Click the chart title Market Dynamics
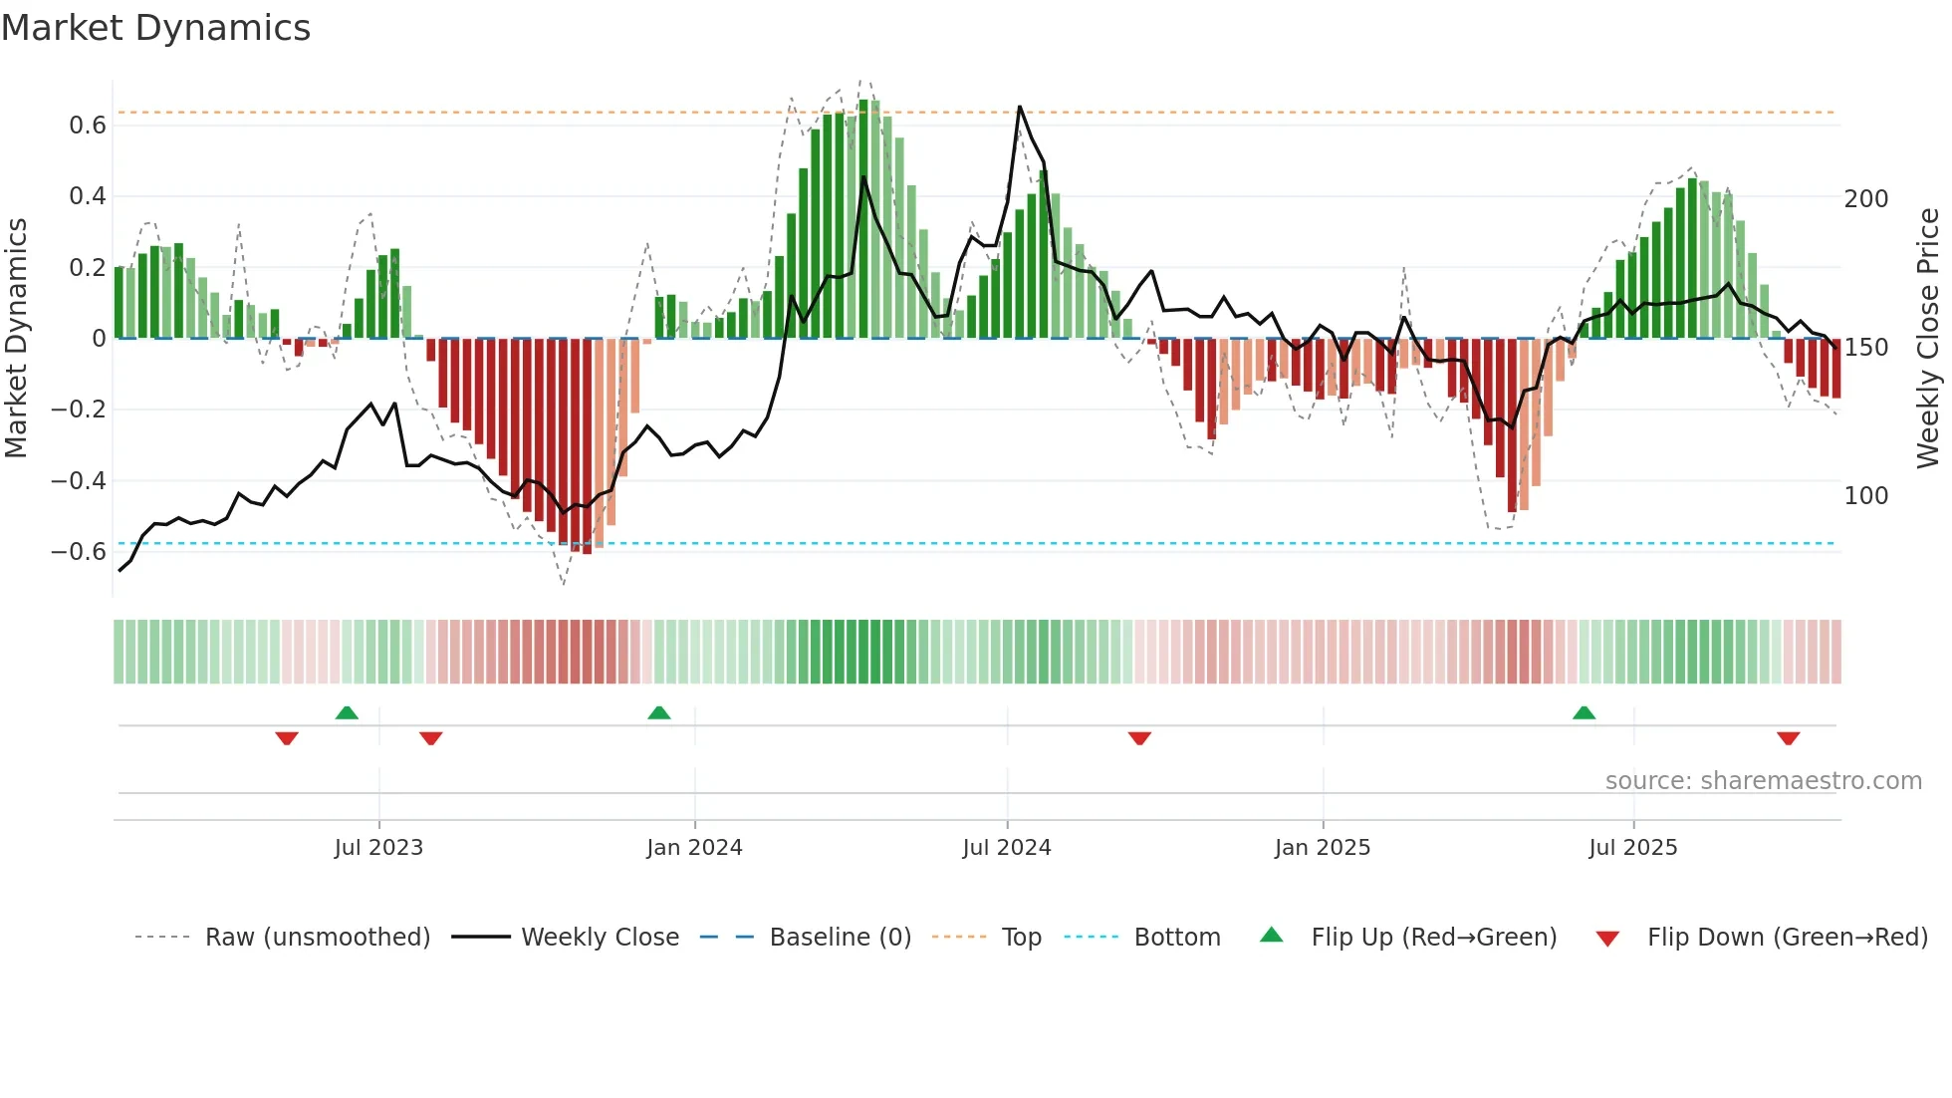[x=156, y=28]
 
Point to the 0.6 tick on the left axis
[x=88, y=126]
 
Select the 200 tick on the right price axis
[x=1865, y=199]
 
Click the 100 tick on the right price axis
[x=1865, y=496]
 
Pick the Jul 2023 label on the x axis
[x=378, y=848]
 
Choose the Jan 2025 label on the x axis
[x=1323, y=848]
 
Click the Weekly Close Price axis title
[x=1928, y=339]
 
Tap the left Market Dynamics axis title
[x=17, y=339]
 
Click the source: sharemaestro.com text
[x=1763, y=781]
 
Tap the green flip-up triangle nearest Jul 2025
[x=1584, y=713]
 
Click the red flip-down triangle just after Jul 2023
[x=431, y=738]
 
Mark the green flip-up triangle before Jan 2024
[x=659, y=713]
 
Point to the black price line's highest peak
[x=1020, y=107]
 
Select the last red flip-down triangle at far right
[x=1788, y=738]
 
